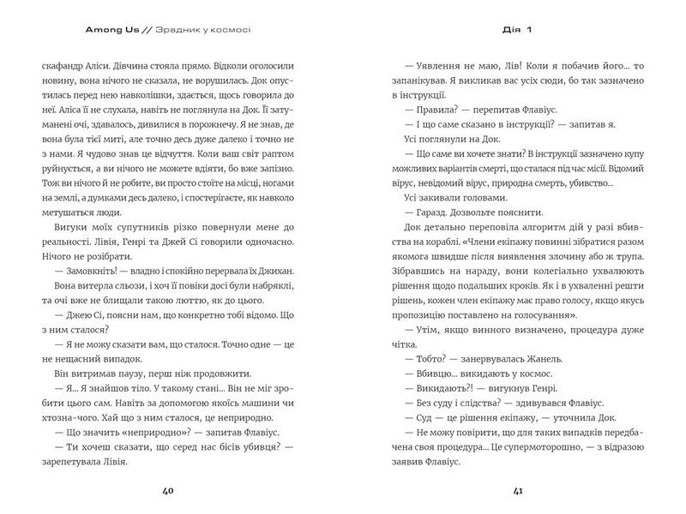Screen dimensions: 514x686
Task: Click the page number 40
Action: [168, 491]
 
